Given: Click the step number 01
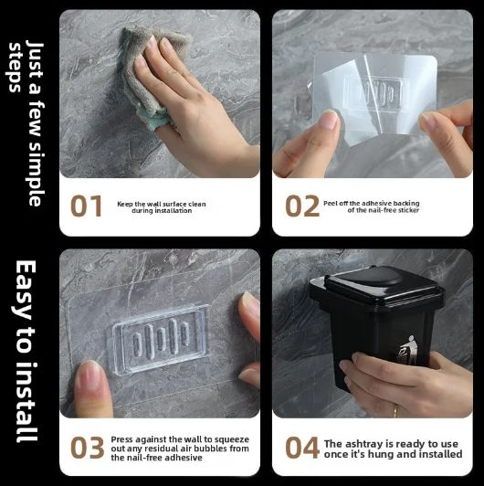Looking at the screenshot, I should (87, 206).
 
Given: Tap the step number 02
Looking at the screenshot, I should (302, 206).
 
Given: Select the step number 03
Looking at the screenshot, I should (87, 448).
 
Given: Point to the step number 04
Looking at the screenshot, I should (302, 448).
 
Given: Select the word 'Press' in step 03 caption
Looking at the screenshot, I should (122, 439).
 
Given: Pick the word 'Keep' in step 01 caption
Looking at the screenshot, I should (125, 203).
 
